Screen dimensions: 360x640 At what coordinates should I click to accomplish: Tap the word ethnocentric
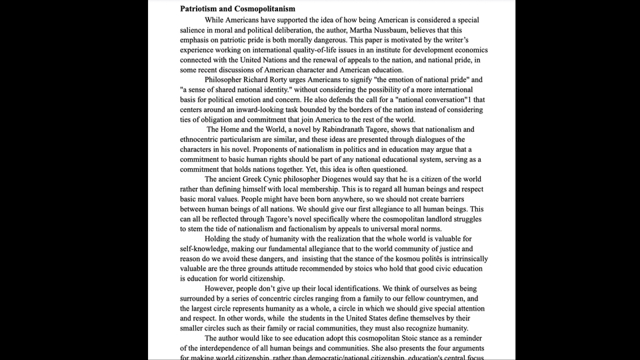tap(203, 139)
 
